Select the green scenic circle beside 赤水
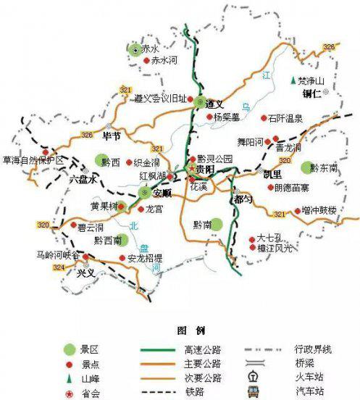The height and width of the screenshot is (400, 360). click(134, 49)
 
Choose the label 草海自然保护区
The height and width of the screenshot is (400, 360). click(34, 159)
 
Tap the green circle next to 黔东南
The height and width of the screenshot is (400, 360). click(308, 167)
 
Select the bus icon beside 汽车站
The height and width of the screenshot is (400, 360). click(253, 391)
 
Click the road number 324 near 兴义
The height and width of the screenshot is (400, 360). click(58, 267)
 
